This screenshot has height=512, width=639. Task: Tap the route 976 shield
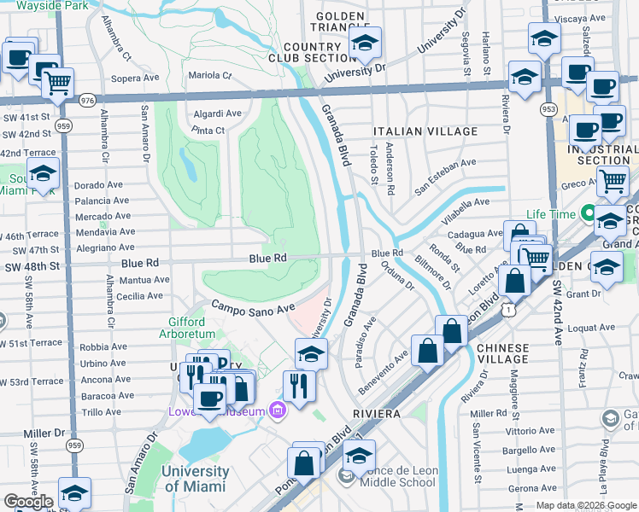click(x=86, y=101)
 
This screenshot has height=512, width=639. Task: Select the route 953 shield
click(x=548, y=109)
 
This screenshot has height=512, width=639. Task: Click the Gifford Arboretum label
click(x=181, y=328)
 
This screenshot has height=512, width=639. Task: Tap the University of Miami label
click(x=195, y=479)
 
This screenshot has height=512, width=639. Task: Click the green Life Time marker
click(x=588, y=213)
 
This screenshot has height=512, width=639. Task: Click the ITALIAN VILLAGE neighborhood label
click(x=425, y=131)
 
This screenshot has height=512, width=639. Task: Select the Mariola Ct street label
click(x=210, y=75)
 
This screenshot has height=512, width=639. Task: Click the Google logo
click(x=28, y=502)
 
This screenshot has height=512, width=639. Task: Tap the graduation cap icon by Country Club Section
click(x=365, y=44)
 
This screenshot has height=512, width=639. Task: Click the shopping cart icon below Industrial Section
click(x=612, y=180)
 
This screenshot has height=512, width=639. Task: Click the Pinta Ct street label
click(x=208, y=131)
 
